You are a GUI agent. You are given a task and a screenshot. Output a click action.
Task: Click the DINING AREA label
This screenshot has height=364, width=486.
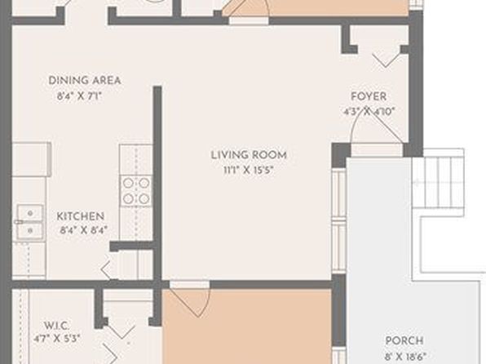[84, 80]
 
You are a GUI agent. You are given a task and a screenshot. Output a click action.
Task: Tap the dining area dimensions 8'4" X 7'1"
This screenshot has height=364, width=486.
[80, 95]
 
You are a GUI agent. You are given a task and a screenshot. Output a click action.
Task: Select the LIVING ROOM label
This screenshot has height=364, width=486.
[249, 155]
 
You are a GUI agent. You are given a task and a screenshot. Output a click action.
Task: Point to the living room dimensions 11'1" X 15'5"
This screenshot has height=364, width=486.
[249, 170]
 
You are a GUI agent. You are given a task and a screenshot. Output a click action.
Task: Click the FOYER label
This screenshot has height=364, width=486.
[369, 96]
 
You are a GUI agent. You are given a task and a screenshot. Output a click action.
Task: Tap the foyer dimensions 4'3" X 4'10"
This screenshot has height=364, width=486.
[369, 111]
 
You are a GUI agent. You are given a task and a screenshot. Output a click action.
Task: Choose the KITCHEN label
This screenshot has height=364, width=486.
[80, 216]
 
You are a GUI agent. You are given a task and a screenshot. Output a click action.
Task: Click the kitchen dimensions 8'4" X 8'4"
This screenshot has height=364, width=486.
[84, 230]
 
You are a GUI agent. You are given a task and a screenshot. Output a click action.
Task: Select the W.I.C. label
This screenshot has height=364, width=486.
[57, 326]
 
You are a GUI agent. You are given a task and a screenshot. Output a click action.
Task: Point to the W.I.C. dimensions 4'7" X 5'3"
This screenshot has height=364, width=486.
[57, 338]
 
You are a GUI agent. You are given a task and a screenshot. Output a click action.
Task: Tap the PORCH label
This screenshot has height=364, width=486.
[404, 340]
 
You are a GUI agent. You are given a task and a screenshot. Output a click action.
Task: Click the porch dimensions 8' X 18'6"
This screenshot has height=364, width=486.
[406, 356]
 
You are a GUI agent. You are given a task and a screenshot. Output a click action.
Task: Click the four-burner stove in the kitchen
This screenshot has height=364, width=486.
[136, 191]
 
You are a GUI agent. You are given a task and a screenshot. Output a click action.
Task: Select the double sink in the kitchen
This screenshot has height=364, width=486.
[30, 221]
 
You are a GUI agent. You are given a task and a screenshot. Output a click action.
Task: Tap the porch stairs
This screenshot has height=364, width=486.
[439, 181]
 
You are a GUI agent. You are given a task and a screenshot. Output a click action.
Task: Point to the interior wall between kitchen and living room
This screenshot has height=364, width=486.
[157, 183]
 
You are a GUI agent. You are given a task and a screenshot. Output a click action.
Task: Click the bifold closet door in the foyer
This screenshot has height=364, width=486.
[385, 60]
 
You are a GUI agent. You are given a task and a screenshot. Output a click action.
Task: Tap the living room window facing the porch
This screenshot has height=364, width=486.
[338, 221]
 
